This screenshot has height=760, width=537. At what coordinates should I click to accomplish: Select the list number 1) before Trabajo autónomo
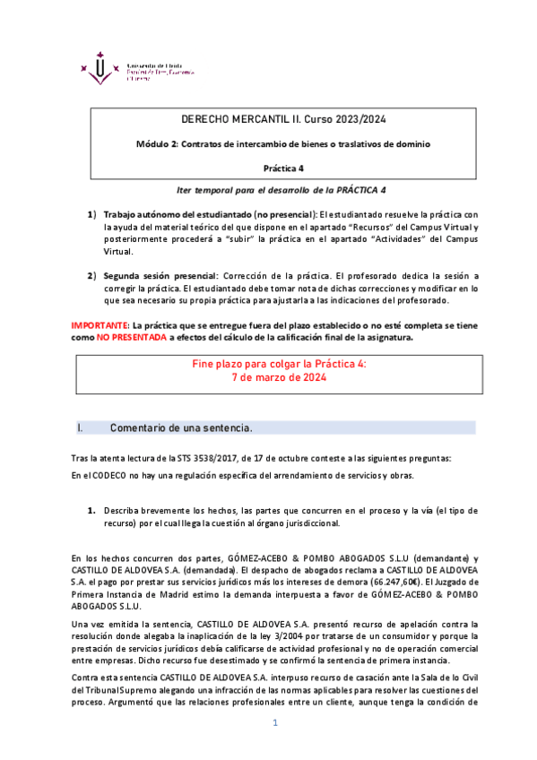pyautogui.click(x=91, y=215)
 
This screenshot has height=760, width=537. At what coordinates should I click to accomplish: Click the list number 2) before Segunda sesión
pyautogui.click(x=91, y=276)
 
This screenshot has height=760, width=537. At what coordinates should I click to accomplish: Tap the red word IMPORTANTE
pyautogui.click(x=100, y=324)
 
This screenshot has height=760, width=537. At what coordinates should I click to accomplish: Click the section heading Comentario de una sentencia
pyautogui.click(x=180, y=427)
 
